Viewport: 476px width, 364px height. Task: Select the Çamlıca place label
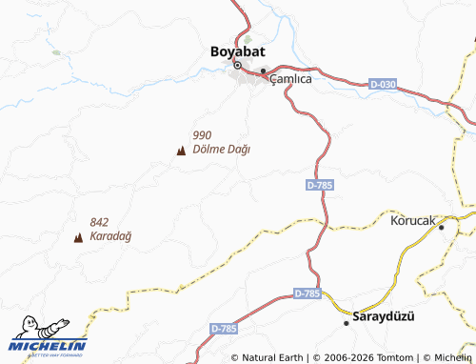[x=291, y=80]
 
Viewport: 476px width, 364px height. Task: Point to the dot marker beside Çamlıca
[x=264, y=71]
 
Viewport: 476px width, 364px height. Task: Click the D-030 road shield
[x=383, y=85]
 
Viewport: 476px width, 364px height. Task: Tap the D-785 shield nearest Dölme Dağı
[x=320, y=185]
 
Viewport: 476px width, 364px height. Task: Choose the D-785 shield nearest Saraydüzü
[x=307, y=293]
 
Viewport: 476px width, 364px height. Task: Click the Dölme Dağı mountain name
[x=221, y=149]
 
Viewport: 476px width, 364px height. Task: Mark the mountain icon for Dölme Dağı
[x=181, y=150]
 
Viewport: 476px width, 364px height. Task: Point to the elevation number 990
[x=202, y=135]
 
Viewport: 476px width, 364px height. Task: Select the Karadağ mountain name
[x=110, y=235]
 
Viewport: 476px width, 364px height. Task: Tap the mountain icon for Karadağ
[x=78, y=236]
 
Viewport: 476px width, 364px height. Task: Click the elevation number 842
[x=100, y=222]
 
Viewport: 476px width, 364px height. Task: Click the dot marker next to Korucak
[x=443, y=226]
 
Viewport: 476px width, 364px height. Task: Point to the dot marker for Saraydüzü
[x=347, y=323]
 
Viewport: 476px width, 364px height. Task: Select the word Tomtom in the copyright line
[x=384, y=357]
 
